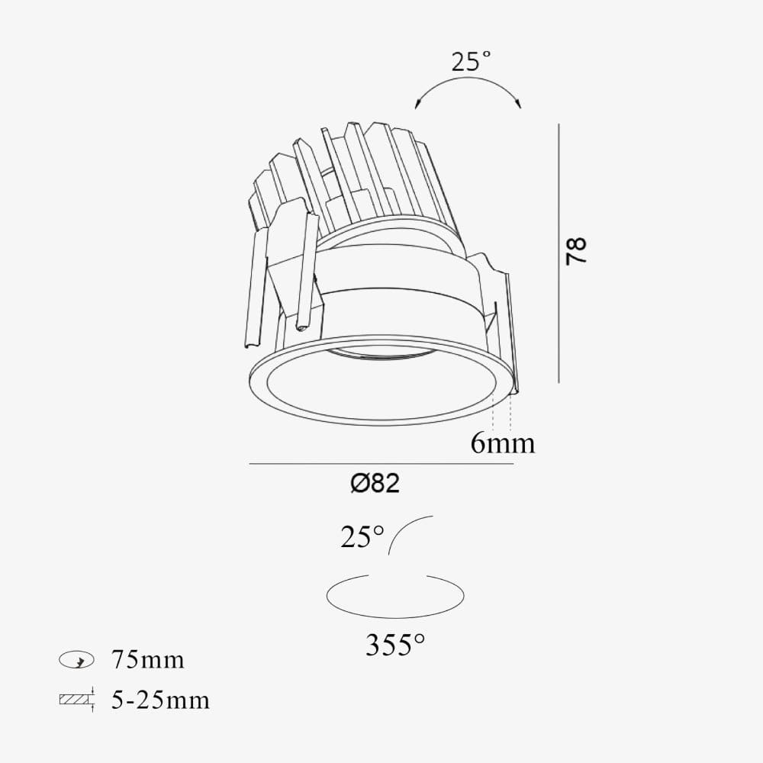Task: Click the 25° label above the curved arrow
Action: click(x=471, y=61)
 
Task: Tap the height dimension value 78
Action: click(x=577, y=251)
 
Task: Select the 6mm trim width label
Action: click(x=502, y=443)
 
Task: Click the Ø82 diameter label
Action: click(x=375, y=483)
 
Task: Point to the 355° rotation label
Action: click(x=394, y=645)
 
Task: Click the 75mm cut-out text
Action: click(x=147, y=659)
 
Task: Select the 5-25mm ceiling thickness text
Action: click(x=159, y=700)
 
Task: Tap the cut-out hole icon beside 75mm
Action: click(x=76, y=660)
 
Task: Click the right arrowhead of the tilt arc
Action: click(x=519, y=103)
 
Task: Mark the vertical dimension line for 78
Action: click(x=559, y=252)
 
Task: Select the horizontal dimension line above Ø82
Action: click(x=381, y=464)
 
